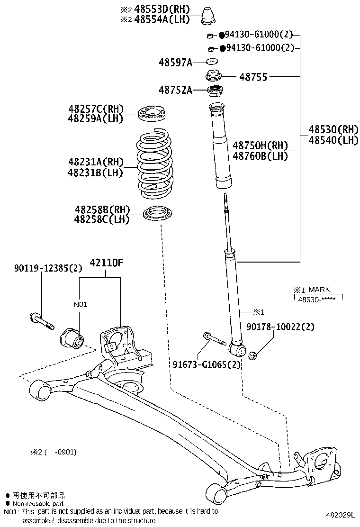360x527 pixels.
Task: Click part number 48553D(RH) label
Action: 162,9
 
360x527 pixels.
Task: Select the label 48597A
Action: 175,62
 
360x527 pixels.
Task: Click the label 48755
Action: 253,77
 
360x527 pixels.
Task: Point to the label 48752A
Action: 175,90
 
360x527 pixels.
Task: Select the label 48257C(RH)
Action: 95,109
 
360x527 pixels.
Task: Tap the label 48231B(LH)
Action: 95,173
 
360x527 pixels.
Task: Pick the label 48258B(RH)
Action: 102,209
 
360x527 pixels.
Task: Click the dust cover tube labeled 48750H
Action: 220,147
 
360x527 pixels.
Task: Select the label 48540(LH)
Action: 333,140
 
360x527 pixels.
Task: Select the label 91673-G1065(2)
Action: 207,364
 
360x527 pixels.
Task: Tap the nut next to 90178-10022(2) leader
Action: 253,355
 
